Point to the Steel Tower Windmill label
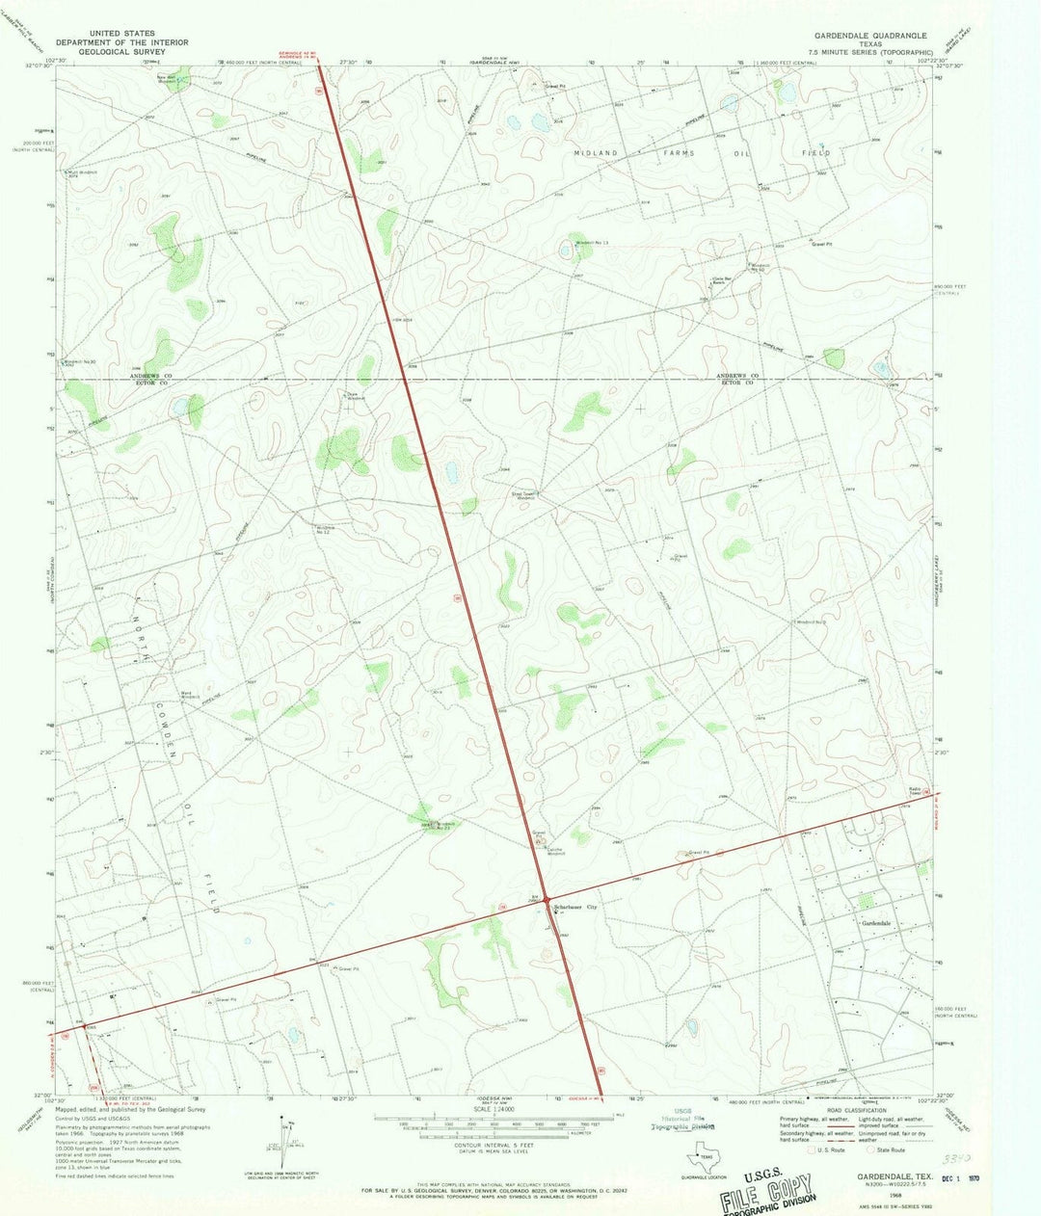pyautogui.click(x=525, y=496)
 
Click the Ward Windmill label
pyautogui.click(x=189, y=694)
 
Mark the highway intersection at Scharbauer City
pyautogui.click(x=546, y=901)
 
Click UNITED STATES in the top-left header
pyautogui.click(x=121, y=33)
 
